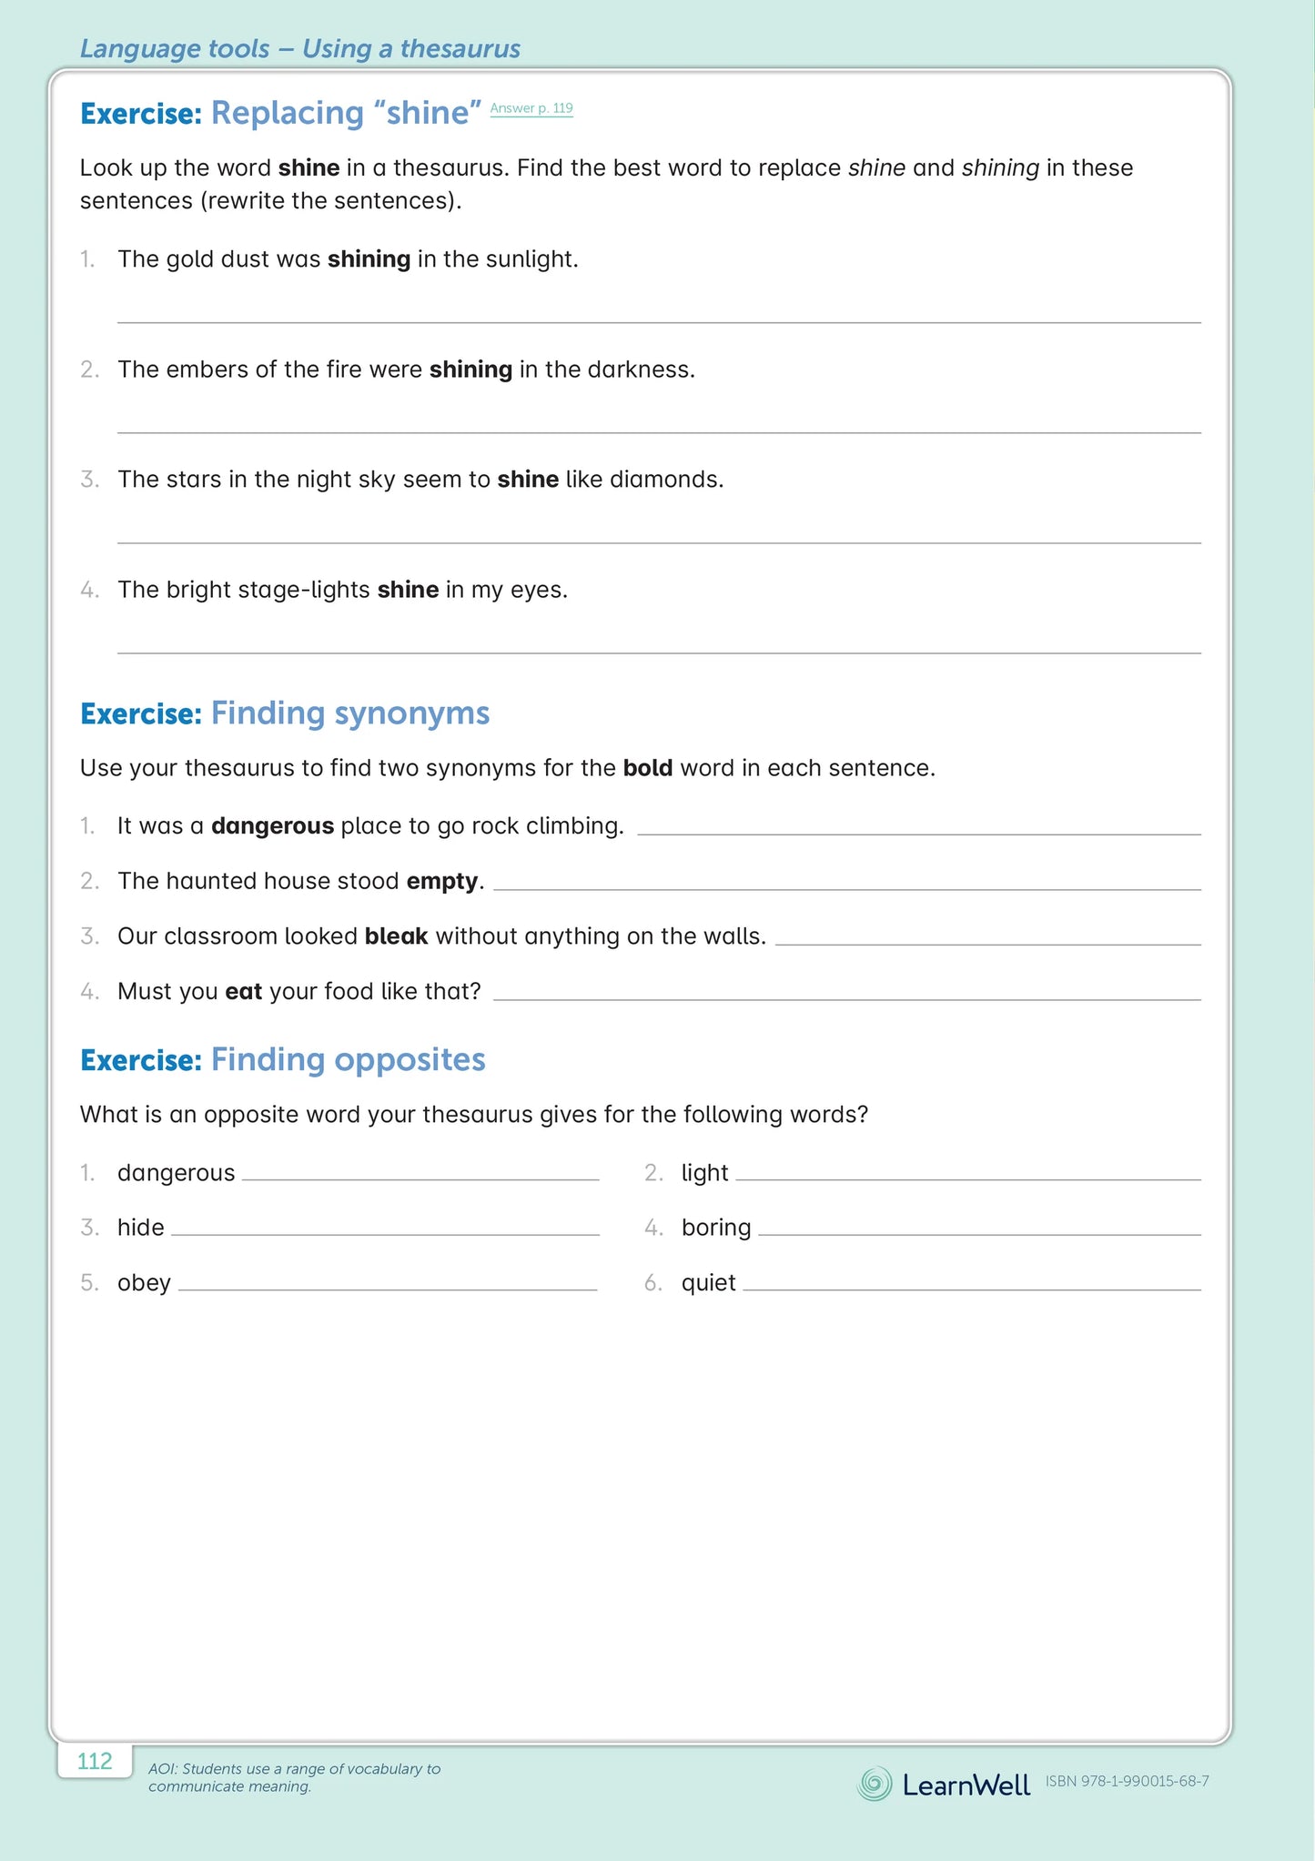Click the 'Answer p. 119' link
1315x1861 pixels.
click(x=531, y=108)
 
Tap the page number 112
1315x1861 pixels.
click(x=95, y=1761)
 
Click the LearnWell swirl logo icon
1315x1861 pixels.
click(x=875, y=1783)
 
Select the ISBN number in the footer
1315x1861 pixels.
click(x=1127, y=1781)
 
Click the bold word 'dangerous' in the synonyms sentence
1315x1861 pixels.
click(x=272, y=826)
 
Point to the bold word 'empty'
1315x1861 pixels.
click(x=442, y=881)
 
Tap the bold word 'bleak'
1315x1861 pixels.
click(x=396, y=936)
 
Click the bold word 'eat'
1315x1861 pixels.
click(x=244, y=991)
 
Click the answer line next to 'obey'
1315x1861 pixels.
click(x=388, y=1290)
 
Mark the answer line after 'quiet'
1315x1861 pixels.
click(x=971, y=1290)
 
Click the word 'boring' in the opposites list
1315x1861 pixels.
click(x=716, y=1228)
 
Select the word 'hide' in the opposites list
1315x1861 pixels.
click(x=141, y=1228)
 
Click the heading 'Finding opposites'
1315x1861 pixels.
click(x=348, y=1059)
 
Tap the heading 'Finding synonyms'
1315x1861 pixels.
click(x=349, y=713)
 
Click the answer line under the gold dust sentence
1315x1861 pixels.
click(x=659, y=321)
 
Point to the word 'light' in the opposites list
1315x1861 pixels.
click(x=704, y=1173)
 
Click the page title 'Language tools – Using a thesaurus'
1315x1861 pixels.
click(x=300, y=48)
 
